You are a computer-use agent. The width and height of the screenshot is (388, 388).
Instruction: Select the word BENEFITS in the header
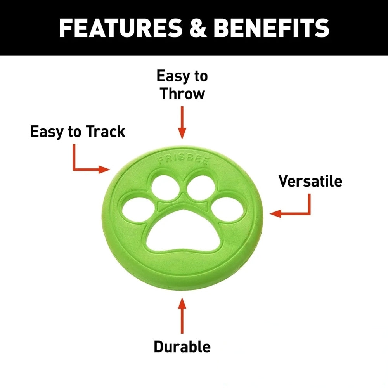click(272, 28)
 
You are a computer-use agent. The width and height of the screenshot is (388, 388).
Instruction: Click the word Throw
click(182, 94)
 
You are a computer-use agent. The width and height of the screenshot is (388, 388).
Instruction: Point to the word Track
click(106, 132)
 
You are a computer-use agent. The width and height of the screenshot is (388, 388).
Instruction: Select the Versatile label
click(310, 181)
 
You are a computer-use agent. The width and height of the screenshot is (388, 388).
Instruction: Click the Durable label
click(182, 346)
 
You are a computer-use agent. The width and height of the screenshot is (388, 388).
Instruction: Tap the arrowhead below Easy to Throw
click(182, 133)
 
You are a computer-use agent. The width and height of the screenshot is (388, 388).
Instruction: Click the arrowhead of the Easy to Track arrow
click(104, 170)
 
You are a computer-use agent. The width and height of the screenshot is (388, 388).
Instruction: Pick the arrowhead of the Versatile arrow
click(275, 213)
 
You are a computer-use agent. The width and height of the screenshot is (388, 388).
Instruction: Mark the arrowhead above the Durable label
click(182, 303)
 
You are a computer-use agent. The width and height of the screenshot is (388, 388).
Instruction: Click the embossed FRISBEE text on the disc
click(184, 160)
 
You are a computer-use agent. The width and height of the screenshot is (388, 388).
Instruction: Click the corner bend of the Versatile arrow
click(309, 213)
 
